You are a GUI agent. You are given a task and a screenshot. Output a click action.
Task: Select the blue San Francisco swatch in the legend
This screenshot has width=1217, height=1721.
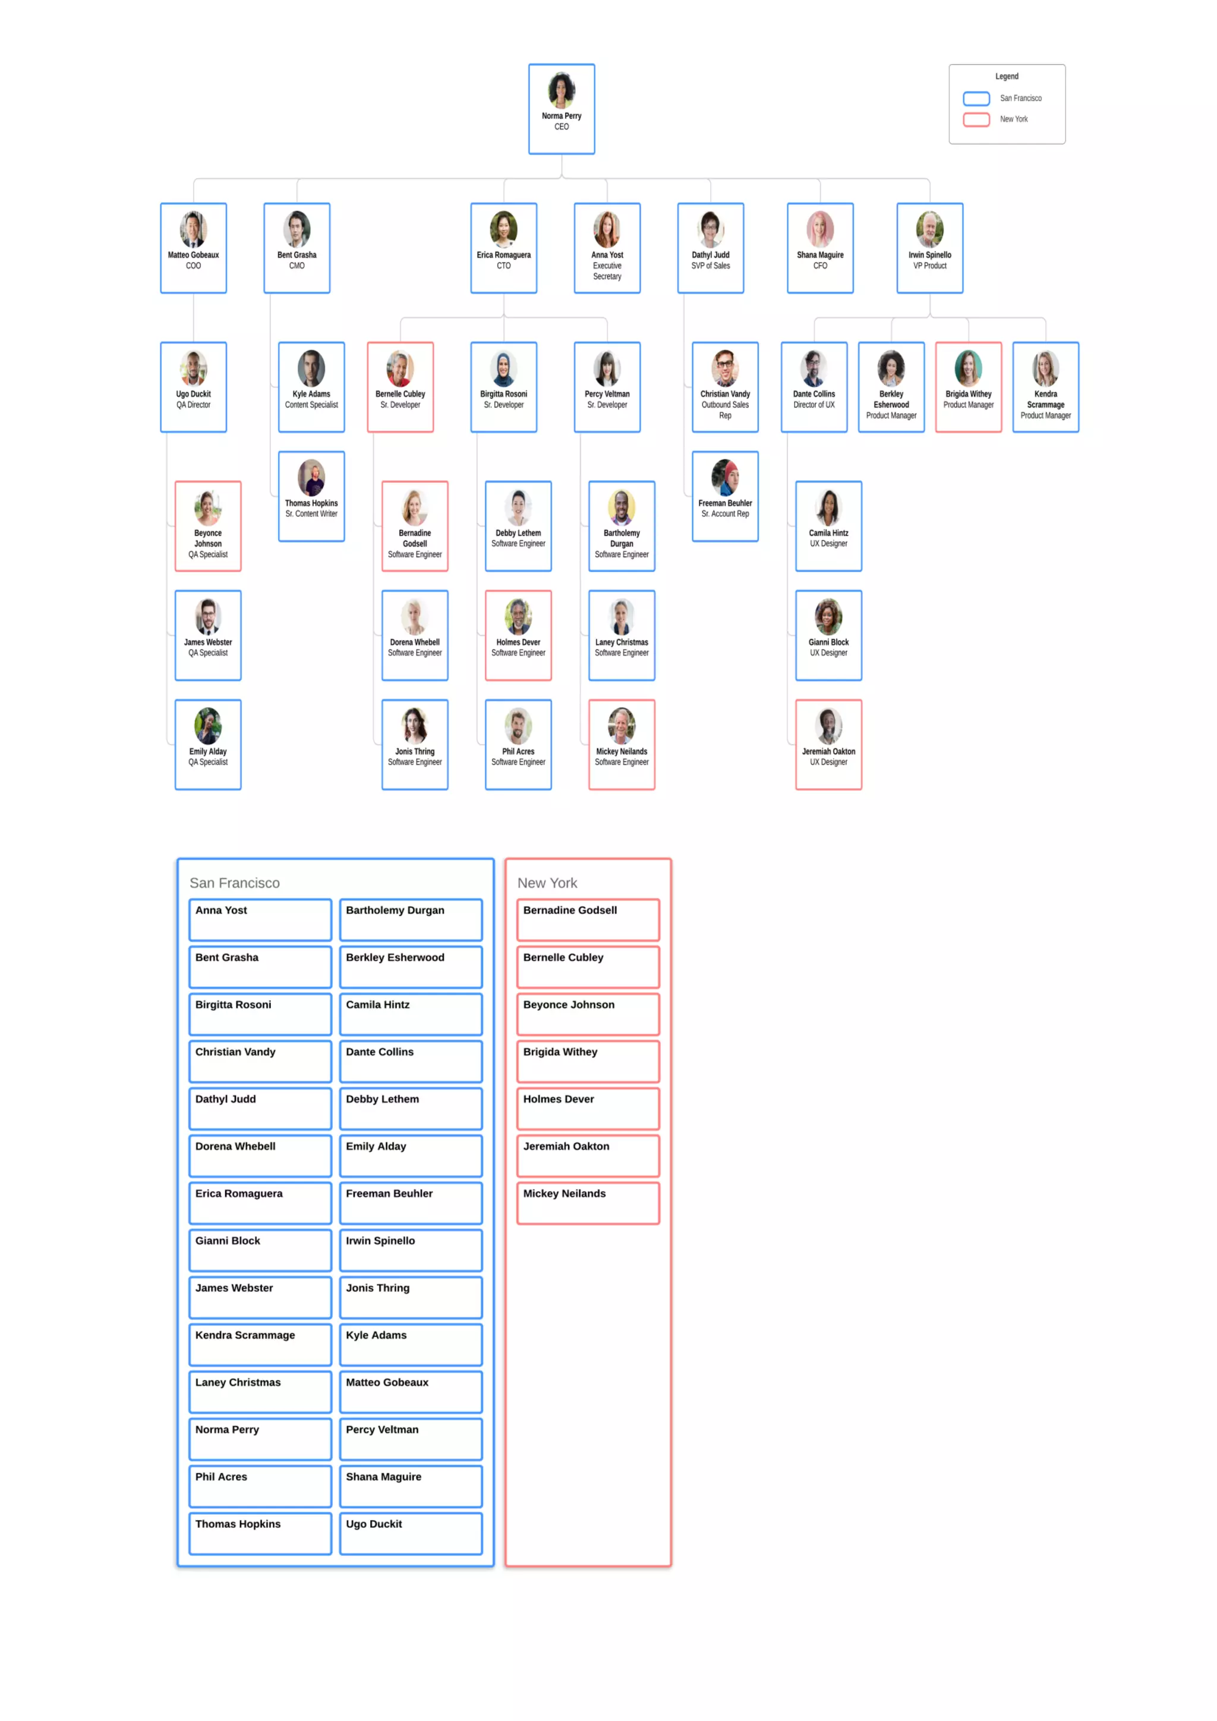pyautogui.click(x=976, y=98)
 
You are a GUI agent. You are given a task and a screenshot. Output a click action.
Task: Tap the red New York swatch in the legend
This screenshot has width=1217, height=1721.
pyautogui.click(x=976, y=119)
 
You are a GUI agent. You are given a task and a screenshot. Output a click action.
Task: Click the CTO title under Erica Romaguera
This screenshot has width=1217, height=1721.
pyautogui.click(x=503, y=266)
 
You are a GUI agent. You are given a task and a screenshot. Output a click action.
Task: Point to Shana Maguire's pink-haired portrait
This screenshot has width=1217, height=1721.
pyautogui.click(x=820, y=229)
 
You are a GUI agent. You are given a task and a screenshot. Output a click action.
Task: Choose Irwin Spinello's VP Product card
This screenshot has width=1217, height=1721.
pyautogui.click(x=929, y=248)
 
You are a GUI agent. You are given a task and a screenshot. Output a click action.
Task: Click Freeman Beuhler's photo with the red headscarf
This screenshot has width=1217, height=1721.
pyautogui.click(x=724, y=477)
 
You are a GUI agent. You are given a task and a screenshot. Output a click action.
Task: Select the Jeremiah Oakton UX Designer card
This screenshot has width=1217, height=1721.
pyautogui.click(x=828, y=744)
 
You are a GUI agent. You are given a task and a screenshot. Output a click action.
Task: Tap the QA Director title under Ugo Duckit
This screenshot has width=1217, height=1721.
pyautogui.click(x=193, y=405)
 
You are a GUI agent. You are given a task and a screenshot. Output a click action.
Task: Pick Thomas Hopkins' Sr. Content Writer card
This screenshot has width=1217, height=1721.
pyautogui.click(x=311, y=496)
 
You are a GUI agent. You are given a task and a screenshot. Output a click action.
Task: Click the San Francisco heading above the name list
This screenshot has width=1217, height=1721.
pyautogui.click(x=235, y=883)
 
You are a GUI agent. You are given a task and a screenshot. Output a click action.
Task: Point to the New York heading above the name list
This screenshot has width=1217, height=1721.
pyautogui.click(x=547, y=883)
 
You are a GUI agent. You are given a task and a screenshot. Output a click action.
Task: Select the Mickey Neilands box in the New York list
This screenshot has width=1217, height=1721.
pyautogui.click(x=588, y=1202)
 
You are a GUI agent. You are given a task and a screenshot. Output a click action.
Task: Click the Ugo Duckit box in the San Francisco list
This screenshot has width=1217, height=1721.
pyautogui.click(x=411, y=1533)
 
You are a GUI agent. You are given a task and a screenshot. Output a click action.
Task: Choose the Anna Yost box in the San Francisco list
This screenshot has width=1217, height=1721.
pyautogui.click(x=260, y=919)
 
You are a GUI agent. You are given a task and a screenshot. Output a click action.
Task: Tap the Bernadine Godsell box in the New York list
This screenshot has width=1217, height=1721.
pyautogui.click(x=588, y=919)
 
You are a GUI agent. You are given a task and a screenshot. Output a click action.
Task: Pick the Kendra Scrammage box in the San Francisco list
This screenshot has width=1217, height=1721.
pyautogui.click(x=260, y=1344)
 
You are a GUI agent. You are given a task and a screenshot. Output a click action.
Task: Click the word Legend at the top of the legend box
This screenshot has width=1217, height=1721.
pyautogui.click(x=1007, y=77)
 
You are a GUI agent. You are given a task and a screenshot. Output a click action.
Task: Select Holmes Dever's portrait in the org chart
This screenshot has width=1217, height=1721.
pyautogui.click(x=518, y=617)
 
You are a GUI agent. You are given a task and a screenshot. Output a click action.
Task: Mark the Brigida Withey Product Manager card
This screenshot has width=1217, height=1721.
pyautogui.click(x=968, y=387)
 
